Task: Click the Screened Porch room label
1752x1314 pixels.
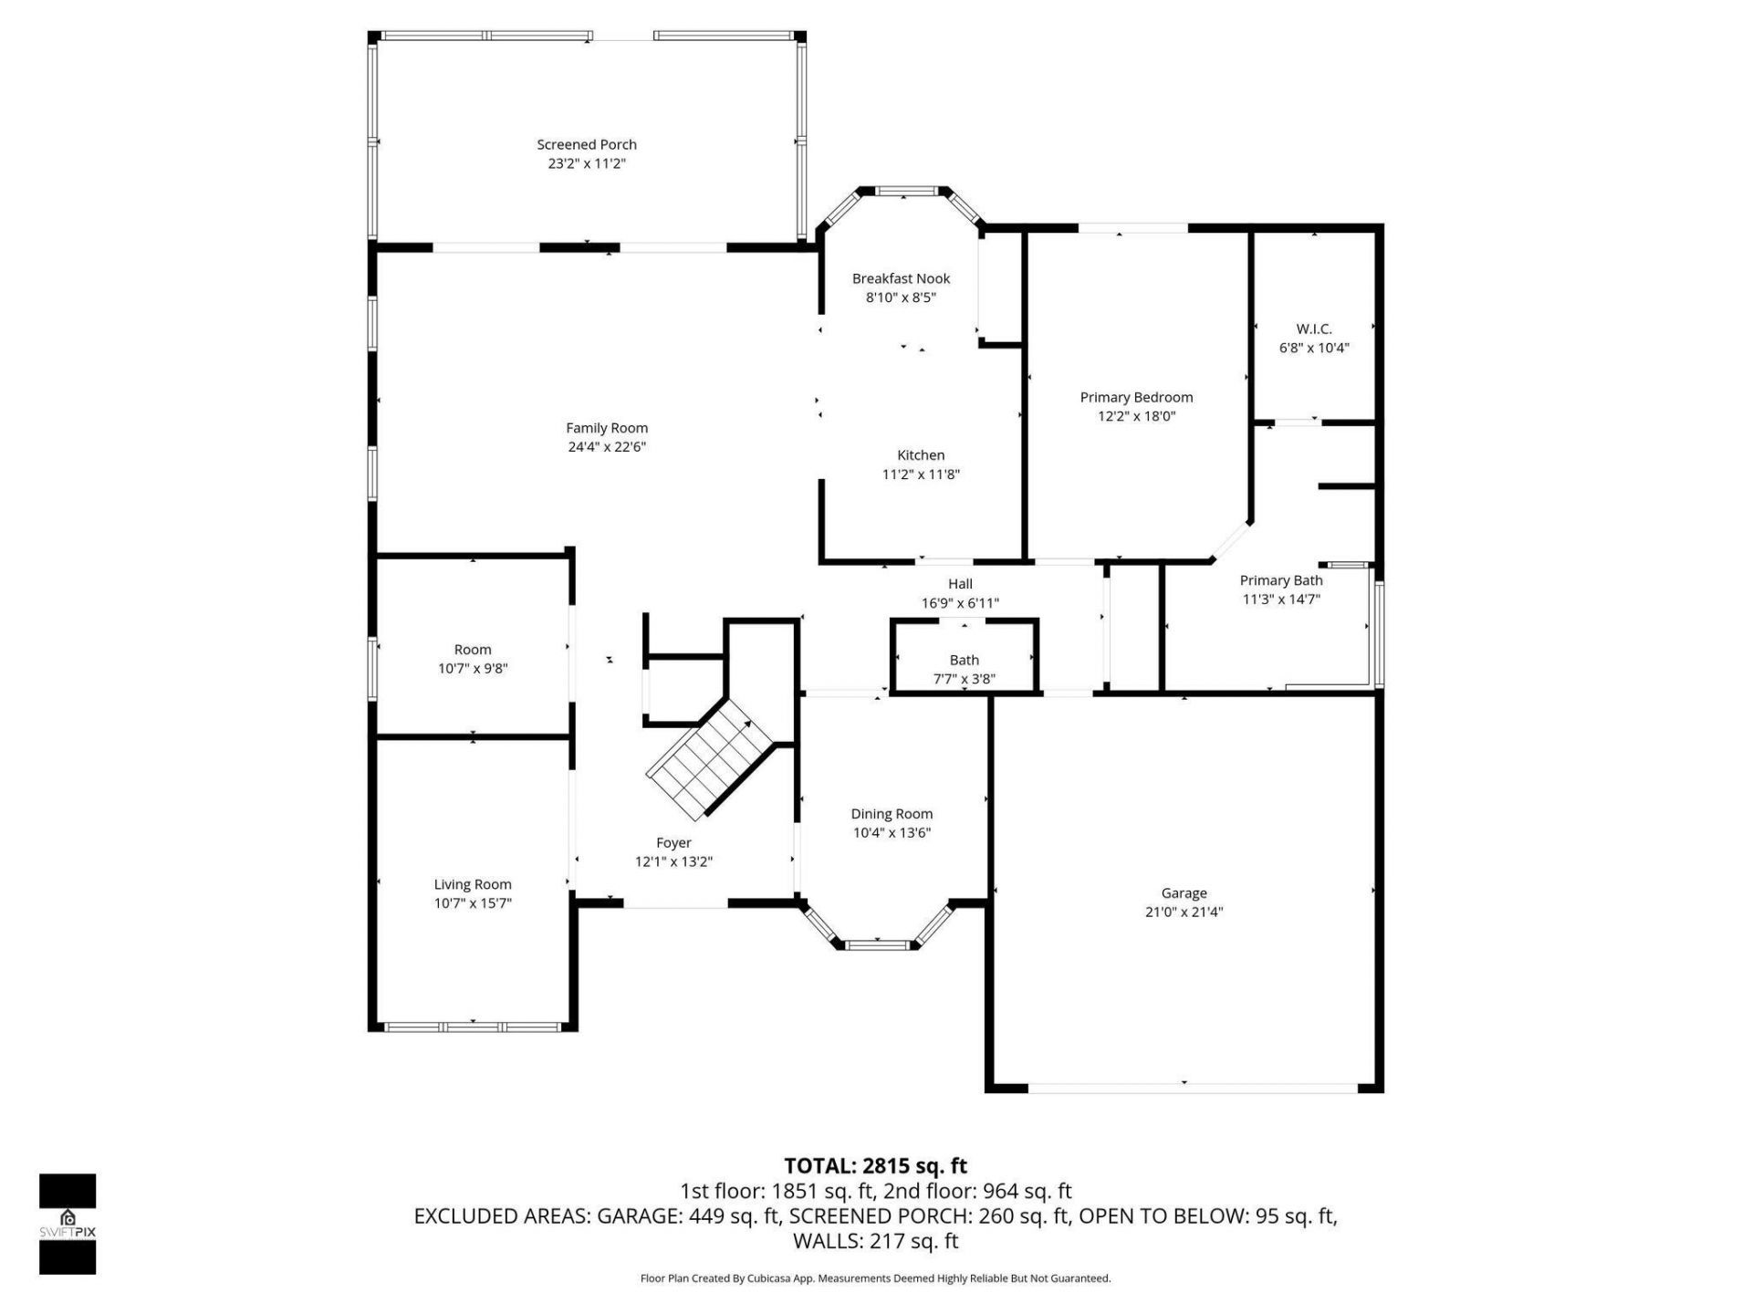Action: pos(586,144)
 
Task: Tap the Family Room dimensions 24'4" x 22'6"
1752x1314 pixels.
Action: pos(606,447)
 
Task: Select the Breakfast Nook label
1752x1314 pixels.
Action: pos(901,278)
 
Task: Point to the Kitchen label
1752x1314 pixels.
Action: pos(920,455)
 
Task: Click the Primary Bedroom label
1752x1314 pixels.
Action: pos(1136,397)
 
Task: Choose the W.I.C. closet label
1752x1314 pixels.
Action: pos(1313,328)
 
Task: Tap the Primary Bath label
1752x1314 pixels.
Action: pos(1280,580)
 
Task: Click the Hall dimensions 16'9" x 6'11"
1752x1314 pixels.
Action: pos(960,603)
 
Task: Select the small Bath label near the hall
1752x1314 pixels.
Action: pos(964,660)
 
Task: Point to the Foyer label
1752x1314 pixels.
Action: pos(673,843)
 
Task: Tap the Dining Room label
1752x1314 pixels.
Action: pos(891,814)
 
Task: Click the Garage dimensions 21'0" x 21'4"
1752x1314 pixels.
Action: pos(1184,912)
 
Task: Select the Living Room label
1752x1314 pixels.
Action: pos(472,884)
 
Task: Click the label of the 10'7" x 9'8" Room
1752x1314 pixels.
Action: pos(472,650)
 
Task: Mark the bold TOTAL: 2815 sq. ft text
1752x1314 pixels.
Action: pos(875,1166)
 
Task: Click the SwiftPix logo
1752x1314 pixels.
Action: pos(67,1224)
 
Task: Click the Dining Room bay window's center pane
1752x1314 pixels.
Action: pos(877,944)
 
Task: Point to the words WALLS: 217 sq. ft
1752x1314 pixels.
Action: pos(875,1241)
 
